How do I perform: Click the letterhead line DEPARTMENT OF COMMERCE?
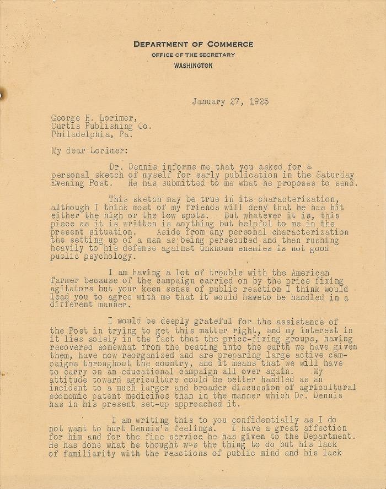193,44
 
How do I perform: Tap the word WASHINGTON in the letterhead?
193,66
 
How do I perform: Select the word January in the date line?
209,101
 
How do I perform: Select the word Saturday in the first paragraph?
335,175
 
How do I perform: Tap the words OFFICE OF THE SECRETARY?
193,55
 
